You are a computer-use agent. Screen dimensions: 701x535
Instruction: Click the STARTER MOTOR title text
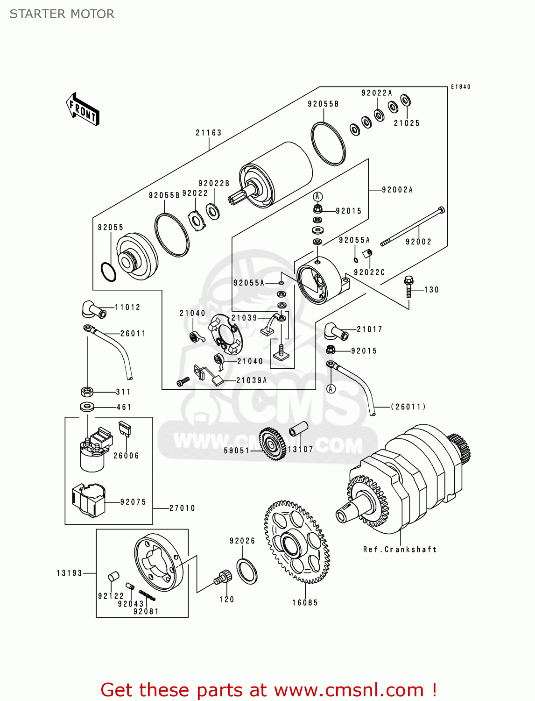[62, 14]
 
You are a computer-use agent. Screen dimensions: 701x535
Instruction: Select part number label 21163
[208, 133]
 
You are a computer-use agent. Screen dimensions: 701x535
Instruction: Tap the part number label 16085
[305, 603]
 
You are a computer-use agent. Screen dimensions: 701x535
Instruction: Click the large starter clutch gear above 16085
[296, 542]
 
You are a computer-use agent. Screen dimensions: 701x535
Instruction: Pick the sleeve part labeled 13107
[298, 434]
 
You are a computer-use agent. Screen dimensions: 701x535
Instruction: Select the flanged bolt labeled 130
[408, 286]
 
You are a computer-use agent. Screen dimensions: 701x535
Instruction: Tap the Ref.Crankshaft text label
[400, 550]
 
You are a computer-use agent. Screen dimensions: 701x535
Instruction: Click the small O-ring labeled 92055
[108, 272]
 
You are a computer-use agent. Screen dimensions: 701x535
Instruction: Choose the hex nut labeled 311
[87, 392]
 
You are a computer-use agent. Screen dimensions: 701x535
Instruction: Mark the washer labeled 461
[87, 407]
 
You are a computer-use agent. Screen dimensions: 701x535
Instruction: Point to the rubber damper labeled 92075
[88, 500]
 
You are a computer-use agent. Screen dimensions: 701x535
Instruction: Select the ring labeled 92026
[247, 571]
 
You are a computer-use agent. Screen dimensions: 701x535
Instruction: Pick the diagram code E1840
[460, 87]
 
